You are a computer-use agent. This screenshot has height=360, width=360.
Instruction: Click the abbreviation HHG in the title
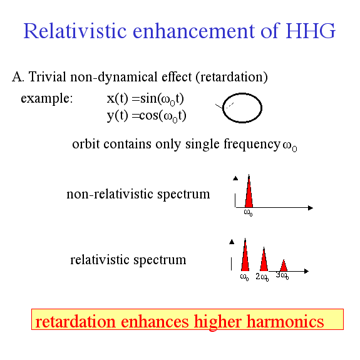click(311, 31)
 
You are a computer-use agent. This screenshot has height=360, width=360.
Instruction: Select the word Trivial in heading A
click(48, 76)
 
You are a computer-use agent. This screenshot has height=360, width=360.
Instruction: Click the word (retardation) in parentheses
click(232, 77)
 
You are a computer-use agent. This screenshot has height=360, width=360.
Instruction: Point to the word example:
click(47, 99)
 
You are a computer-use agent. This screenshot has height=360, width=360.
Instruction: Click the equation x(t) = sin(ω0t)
click(145, 99)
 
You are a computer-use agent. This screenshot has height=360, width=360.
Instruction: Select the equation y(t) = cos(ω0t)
click(147, 116)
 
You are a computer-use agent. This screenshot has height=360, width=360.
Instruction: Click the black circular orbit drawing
click(262, 108)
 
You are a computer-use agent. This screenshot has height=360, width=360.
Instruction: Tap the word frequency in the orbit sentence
click(252, 145)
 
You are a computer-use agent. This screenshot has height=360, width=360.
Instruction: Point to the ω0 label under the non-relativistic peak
click(248, 212)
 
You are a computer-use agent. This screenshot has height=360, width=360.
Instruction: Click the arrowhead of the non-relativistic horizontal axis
click(311, 208)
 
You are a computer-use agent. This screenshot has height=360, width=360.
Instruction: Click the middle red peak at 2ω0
click(264, 260)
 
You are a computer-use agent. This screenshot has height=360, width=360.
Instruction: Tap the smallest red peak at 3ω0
click(284, 266)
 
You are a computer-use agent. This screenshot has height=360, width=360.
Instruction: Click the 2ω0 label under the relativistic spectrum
click(262, 277)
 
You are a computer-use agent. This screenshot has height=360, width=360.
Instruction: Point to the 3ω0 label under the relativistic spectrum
click(282, 275)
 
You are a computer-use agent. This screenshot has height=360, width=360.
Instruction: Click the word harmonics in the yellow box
click(285, 321)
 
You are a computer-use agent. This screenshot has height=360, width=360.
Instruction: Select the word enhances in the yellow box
click(155, 321)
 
